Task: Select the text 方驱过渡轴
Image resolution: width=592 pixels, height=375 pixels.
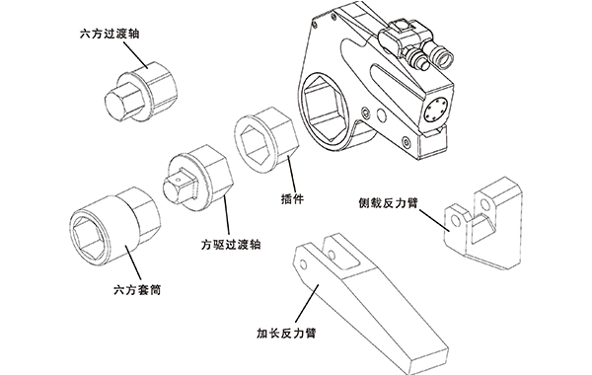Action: click(231, 243)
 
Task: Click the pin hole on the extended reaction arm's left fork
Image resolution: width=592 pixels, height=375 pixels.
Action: click(301, 262)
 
